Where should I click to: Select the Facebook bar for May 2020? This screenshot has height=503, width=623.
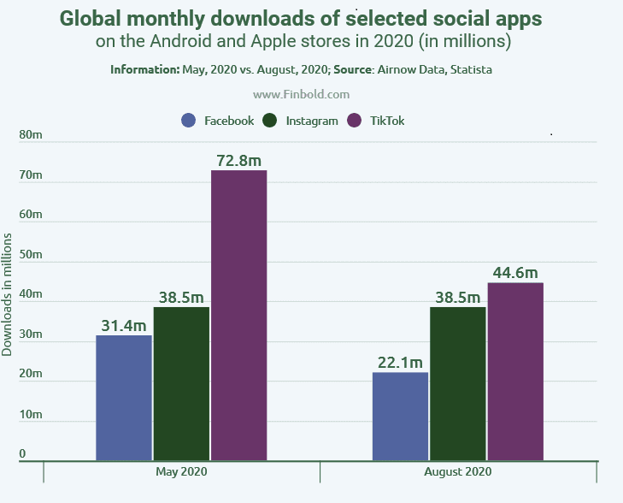[x=124, y=398]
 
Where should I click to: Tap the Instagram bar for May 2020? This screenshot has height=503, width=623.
[x=181, y=383]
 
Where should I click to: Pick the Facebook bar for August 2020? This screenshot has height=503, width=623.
[x=401, y=417]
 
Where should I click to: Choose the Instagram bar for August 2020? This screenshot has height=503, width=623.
[x=458, y=383]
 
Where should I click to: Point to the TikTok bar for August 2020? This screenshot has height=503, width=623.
[x=515, y=371]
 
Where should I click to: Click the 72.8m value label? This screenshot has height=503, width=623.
[x=238, y=159]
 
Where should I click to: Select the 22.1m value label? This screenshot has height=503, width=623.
[x=401, y=362]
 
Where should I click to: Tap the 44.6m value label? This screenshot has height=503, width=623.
[x=515, y=273]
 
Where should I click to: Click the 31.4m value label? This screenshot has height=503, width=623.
[x=124, y=324]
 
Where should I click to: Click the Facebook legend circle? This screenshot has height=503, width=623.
[x=190, y=121]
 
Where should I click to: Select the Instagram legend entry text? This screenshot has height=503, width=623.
[x=312, y=121]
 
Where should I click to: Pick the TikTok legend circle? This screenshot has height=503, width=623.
[x=356, y=121]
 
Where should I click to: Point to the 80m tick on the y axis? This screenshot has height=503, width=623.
[x=31, y=135]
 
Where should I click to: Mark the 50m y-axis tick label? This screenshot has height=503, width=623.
[x=31, y=254]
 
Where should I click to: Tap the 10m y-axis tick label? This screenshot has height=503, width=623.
[x=31, y=414]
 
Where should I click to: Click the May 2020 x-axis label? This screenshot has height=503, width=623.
[x=181, y=472]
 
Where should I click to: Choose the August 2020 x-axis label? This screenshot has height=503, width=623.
[x=458, y=472]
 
